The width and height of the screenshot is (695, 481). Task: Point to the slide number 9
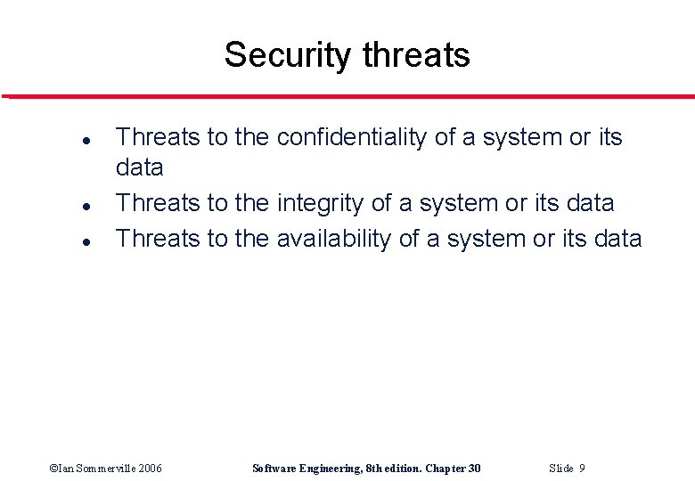tap(582, 469)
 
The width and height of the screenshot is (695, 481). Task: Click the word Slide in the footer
tap(561, 469)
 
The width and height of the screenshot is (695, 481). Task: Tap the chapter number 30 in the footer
tap(473, 469)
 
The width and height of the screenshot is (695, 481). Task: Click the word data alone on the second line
tap(140, 167)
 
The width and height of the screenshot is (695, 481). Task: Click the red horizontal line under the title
tap(347, 96)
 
